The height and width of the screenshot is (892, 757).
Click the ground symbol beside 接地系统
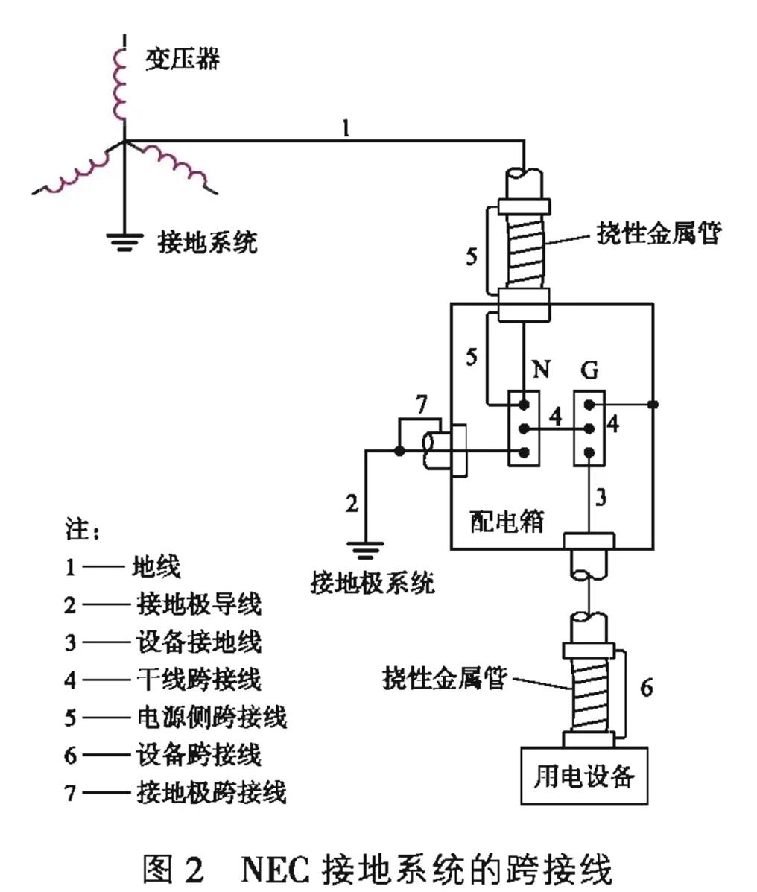tap(124, 240)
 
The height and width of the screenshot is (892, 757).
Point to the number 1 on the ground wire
tap(345, 127)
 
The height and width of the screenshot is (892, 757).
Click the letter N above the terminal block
tap(541, 368)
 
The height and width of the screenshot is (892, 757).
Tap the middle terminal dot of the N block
tap(524, 428)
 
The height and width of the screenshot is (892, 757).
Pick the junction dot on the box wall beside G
tap(653, 404)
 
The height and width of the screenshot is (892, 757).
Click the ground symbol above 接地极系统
tap(365, 550)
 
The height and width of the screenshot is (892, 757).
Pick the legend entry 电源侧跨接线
tap(211, 717)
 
